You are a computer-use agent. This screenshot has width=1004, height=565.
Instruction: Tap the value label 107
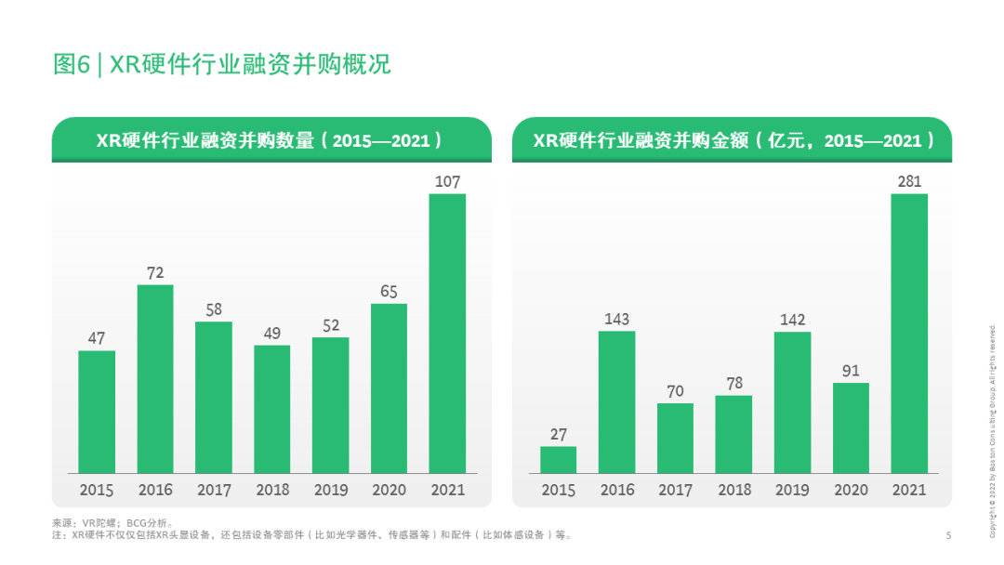coord(447,182)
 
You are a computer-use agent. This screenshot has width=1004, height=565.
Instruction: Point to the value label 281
coord(909,182)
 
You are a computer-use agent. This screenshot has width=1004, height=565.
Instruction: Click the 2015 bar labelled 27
coord(559,459)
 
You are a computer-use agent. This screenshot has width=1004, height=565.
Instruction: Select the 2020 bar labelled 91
coord(851,427)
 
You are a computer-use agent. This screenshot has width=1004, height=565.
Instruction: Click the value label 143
coord(616,320)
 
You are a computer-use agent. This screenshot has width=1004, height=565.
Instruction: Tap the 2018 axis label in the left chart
coord(272,490)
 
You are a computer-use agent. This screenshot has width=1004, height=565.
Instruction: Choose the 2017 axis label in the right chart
coord(675,490)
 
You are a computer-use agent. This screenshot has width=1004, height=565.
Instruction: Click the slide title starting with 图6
coord(221,64)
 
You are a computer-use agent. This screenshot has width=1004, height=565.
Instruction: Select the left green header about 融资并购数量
coord(271,140)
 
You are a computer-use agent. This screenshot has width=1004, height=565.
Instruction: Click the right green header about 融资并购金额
coord(732,140)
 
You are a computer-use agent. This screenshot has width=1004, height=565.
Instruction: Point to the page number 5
coord(947,535)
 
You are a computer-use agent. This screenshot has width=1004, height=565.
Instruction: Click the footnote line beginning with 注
coord(311,535)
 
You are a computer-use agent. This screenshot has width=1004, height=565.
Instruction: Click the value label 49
coord(272,333)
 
